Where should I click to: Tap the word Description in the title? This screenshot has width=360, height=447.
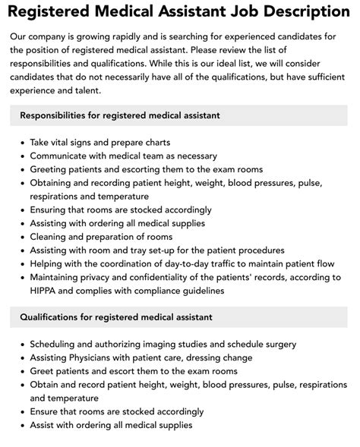point(306,11)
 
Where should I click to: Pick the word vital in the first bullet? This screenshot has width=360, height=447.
point(66,142)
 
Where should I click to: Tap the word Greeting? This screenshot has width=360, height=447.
point(50,169)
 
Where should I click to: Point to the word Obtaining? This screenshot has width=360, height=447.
point(53,183)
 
